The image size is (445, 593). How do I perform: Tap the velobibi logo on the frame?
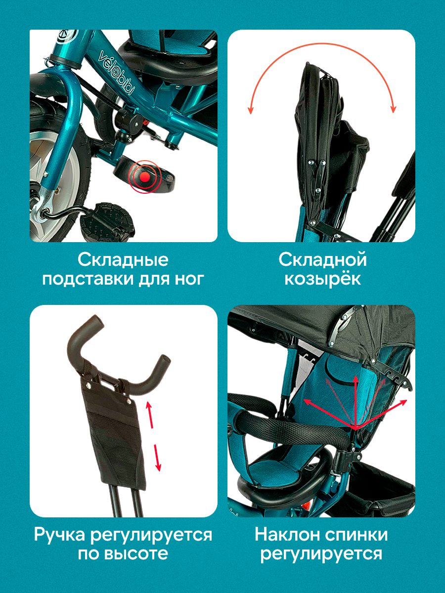[117, 72]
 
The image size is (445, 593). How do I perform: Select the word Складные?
[123, 260]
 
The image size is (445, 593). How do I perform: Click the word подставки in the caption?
[88, 279]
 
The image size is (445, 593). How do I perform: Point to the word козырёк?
[322, 279]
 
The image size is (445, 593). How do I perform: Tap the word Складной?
[322, 259]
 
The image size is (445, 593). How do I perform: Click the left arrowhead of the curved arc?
[251, 110]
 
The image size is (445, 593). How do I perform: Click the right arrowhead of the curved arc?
[394, 109]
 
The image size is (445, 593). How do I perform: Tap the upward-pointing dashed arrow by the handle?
[150, 415]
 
